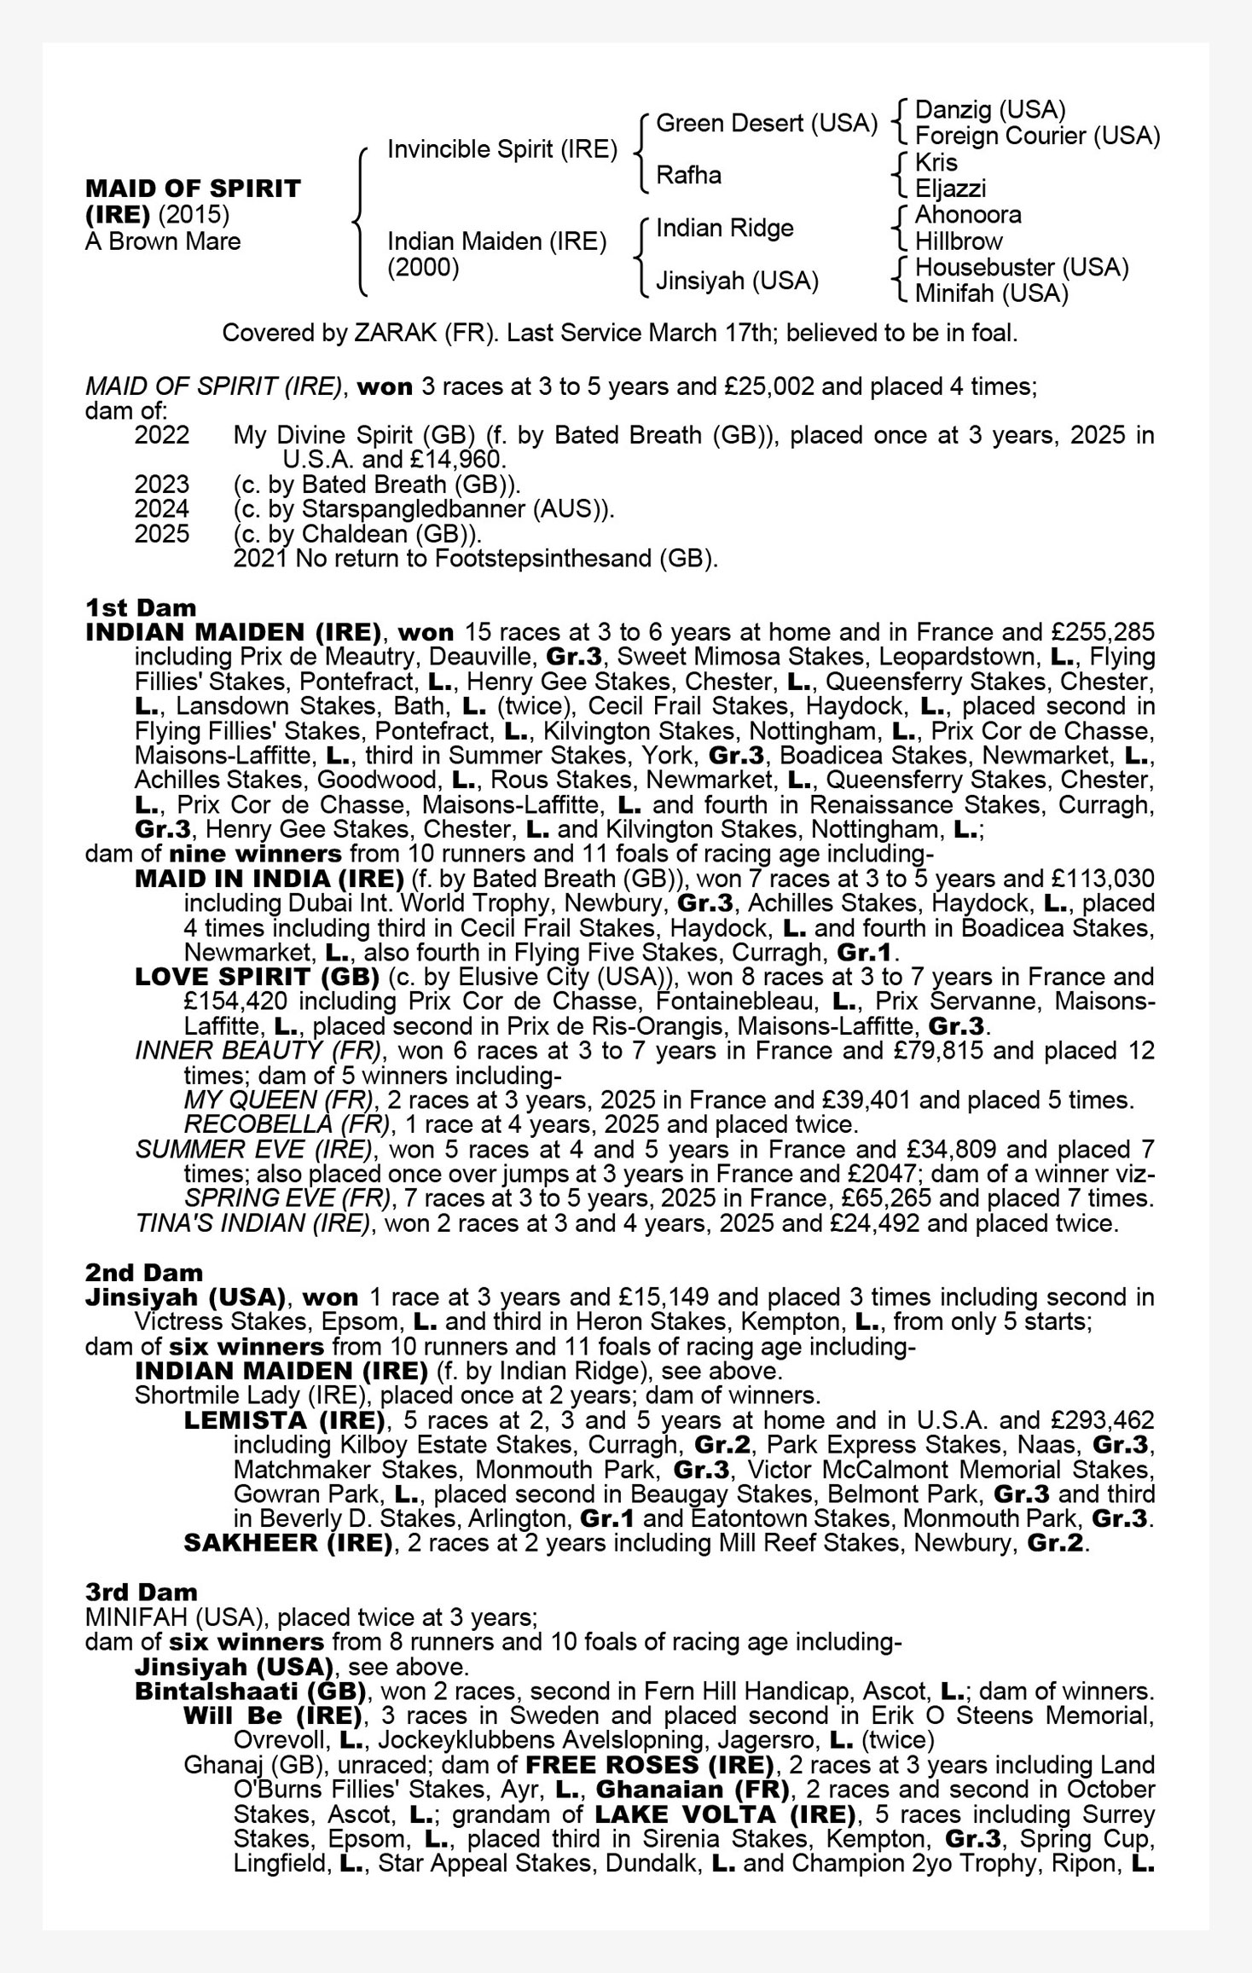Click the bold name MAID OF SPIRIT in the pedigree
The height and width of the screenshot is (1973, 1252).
[x=193, y=189]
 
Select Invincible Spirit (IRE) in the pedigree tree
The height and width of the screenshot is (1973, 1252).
[x=501, y=149]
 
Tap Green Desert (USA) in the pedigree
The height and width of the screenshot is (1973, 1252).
[x=766, y=124]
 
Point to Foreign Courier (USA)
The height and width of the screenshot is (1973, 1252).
[x=1036, y=136]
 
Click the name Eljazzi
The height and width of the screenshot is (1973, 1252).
[x=950, y=189]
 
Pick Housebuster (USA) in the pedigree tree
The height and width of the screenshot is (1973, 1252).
[x=1021, y=267]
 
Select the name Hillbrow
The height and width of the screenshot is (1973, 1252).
[x=958, y=241]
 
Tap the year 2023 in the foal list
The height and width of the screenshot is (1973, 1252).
[x=161, y=485]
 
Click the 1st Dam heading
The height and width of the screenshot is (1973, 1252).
[x=141, y=608]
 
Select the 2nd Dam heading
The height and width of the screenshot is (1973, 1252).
[x=143, y=1273]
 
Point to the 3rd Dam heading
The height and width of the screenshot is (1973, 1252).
[x=141, y=1593]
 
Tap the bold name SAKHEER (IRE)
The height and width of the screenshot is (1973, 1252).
[x=287, y=1543]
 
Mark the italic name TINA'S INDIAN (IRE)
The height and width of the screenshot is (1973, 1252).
[x=253, y=1224]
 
